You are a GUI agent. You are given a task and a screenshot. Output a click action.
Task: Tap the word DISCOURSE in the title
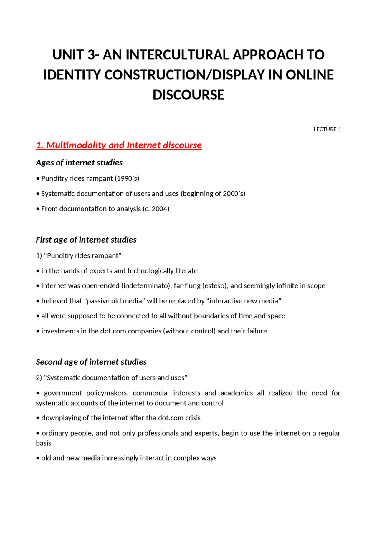point(188,95)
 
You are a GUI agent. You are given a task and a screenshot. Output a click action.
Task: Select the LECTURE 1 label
point(327,129)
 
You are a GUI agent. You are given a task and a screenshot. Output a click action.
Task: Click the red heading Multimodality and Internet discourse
point(119,145)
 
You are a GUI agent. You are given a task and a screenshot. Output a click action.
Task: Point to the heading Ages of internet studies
point(79,162)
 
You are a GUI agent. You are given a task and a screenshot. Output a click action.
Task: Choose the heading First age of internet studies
point(86,240)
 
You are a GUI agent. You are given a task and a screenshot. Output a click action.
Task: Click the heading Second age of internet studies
point(91,362)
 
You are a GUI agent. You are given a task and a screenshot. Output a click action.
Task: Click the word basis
point(44,443)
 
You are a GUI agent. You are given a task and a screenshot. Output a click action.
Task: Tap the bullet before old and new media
point(38,458)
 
